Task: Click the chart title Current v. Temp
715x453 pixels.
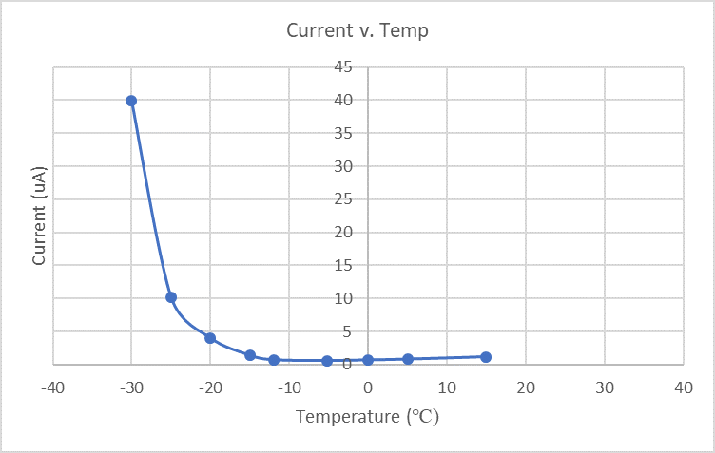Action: click(357, 31)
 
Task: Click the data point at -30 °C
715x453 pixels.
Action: click(131, 101)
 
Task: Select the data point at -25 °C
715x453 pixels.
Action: click(171, 297)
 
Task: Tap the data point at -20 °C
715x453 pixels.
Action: click(210, 338)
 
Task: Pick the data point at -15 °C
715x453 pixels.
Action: click(250, 355)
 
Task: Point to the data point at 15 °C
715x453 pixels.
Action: click(486, 357)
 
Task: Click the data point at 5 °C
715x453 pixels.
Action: click(408, 359)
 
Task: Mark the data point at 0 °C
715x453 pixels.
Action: click(368, 360)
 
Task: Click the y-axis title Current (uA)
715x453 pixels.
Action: click(39, 216)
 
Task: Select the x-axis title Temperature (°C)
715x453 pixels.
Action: click(367, 416)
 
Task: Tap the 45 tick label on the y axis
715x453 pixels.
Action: click(343, 67)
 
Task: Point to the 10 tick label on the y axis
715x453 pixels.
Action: click(343, 298)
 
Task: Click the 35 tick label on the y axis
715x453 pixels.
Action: click(343, 133)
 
